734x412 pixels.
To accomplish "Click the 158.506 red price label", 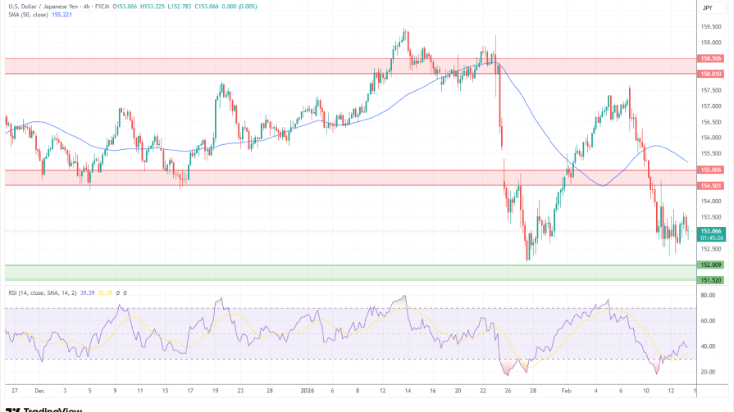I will (709, 58).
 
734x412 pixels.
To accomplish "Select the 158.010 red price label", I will (709, 74).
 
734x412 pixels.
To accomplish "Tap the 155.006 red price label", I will (709, 170).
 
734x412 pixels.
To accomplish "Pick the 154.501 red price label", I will (709, 186).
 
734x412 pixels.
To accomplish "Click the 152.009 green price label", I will (709, 265).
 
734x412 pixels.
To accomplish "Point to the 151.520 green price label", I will (709, 280).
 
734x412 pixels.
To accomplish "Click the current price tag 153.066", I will (709, 232).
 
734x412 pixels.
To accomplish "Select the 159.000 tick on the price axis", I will (710, 27).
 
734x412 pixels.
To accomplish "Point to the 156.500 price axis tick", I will (710, 122).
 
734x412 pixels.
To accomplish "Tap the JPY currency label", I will (707, 7).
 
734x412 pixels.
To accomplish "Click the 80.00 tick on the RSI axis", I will (707, 295).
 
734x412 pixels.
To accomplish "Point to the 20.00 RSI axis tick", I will (707, 372).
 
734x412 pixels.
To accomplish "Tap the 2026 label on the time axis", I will (308, 391).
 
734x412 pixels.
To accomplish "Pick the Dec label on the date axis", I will (39, 391).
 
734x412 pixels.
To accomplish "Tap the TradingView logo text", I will (37, 407).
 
